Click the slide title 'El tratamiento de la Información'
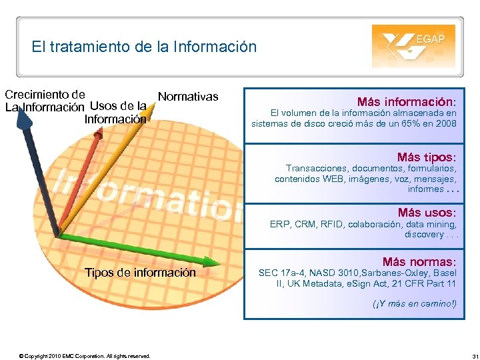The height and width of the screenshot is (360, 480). [x=143, y=47]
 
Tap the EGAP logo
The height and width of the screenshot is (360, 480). [x=413, y=46]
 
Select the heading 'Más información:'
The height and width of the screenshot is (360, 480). [x=407, y=102]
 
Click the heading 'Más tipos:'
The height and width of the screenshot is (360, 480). [x=427, y=157]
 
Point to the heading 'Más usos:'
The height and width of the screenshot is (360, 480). [x=427, y=213]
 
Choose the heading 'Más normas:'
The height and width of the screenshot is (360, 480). [x=419, y=262]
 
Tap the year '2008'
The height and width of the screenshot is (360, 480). [x=445, y=123]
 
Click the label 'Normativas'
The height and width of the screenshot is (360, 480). [x=188, y=97]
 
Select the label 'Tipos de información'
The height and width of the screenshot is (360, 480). [x=140, y=272]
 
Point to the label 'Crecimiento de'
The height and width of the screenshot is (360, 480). [x=45, y=94]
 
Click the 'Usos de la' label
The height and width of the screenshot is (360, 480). [x=118, y=105]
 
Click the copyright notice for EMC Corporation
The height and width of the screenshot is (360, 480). [x=85, y=356]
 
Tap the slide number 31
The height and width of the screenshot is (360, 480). [x=465, y=356]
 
